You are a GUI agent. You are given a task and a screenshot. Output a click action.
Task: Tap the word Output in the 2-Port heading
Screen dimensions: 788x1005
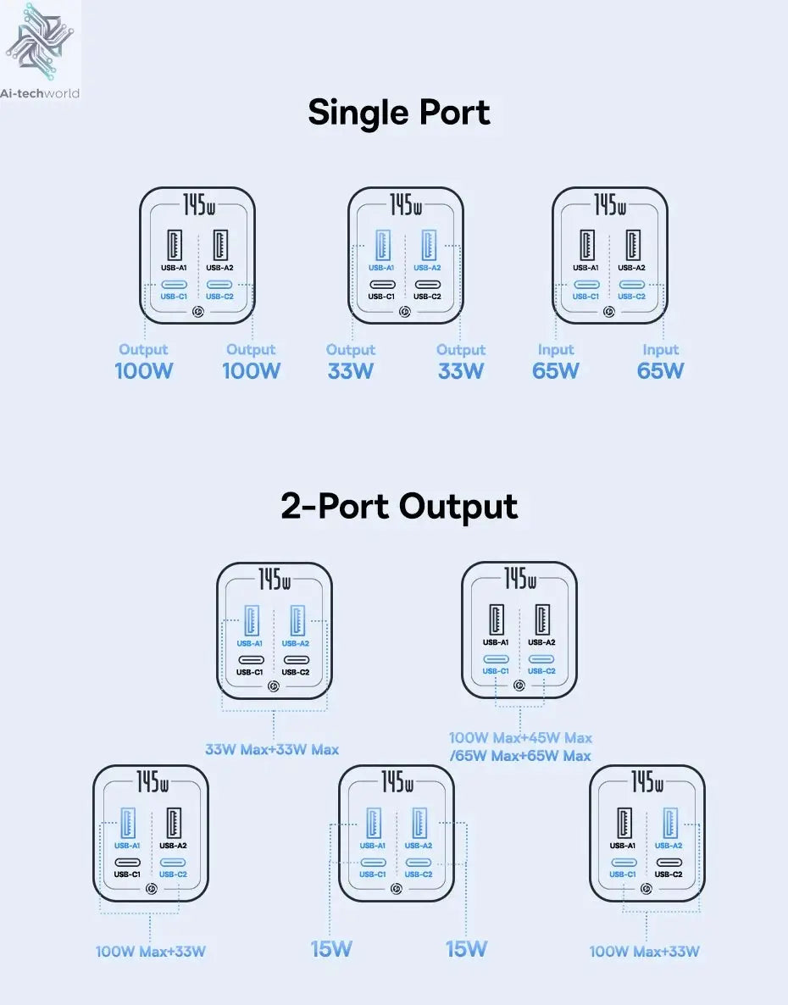click(x=458, y=507)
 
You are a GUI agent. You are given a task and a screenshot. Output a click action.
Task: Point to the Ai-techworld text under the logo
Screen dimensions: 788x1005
click(x=40, y=93)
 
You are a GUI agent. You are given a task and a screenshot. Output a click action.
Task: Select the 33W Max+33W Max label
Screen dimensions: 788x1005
click(x=272, y=749)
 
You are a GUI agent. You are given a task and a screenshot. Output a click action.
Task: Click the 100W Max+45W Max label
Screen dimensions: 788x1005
click(x=520, y=738)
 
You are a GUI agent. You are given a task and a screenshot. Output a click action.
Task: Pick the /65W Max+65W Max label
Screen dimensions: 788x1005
click(x=520, y=756)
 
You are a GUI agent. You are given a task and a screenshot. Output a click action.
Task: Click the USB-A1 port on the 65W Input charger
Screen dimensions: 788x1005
click(x=586, y=246)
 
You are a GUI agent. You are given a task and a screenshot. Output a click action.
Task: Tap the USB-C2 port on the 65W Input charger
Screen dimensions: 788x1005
click(x=632, y=285)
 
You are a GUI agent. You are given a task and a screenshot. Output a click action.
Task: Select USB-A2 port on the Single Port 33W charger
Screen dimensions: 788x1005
click(x=428, y=246)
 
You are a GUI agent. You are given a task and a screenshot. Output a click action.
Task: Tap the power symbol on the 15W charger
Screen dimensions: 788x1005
click(x=396, y=889)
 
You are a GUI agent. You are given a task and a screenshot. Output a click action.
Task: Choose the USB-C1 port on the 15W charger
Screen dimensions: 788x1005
click(x=372, y=863)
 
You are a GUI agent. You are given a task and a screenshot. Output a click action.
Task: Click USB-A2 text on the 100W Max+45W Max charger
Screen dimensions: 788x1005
click(x=541, y=642)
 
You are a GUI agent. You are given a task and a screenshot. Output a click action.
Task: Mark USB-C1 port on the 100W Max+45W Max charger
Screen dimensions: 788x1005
click(x=496, y=659)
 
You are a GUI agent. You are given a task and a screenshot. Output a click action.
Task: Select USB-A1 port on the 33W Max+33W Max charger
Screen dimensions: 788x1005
click(x=251, y=621)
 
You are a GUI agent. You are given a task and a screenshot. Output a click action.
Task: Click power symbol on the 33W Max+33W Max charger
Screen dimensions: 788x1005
click(x=274, y=686)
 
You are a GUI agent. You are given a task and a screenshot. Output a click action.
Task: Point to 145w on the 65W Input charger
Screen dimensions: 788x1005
click(x=610, y=205)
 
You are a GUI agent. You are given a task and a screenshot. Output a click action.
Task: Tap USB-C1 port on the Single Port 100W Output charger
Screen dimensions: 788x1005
click(x=174, y=285)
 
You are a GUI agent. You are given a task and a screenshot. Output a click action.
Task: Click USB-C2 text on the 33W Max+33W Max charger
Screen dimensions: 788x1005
click(x=296, y=672)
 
